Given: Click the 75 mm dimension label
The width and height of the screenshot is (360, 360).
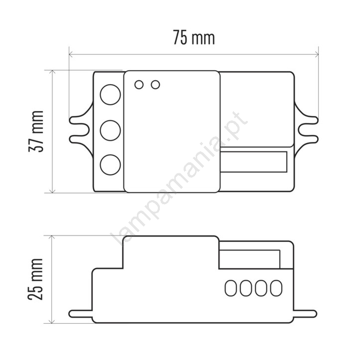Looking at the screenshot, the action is click(x=194, y=38).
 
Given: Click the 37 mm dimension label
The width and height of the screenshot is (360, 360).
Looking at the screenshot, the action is click(x=36, y=131).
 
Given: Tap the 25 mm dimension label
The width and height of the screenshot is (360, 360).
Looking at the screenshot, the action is click(x=35, y=279).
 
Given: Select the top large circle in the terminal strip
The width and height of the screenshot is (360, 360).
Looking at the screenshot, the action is click(x=110, y=95).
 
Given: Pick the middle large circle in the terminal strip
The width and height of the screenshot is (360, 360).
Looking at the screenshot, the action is click(x=110, y=130).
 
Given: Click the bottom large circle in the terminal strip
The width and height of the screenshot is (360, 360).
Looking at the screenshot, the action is click(x=110, y=165).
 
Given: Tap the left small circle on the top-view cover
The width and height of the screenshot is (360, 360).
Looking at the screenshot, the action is click(x=139, y=85).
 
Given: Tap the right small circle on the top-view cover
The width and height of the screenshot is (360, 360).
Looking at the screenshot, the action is click(x=155, y=85).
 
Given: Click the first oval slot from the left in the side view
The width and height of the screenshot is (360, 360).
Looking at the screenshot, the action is click(x=231, y=288).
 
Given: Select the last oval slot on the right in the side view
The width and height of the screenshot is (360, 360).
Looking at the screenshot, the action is click(x=276, y=288).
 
